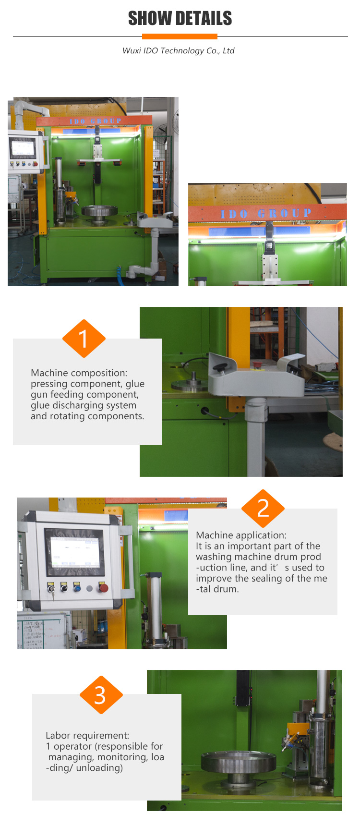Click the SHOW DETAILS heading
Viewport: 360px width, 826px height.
(180, 18)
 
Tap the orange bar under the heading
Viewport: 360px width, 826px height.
(180, 36)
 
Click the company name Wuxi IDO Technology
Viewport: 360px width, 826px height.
(179, 50)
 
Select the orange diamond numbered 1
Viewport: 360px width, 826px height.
(84, 339)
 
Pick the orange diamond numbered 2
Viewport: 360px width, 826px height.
(263, 509)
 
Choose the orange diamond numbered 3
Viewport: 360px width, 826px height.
(101, 695)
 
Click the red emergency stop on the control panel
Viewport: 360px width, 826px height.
(103, 588)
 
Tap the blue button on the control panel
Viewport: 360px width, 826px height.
(77, 587)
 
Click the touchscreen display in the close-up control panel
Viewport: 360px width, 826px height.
(75, 552)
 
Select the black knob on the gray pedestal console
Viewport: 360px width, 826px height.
(221, 368)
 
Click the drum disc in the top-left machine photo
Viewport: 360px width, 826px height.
(99, 211)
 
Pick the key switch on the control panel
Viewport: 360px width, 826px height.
(51, 588)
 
